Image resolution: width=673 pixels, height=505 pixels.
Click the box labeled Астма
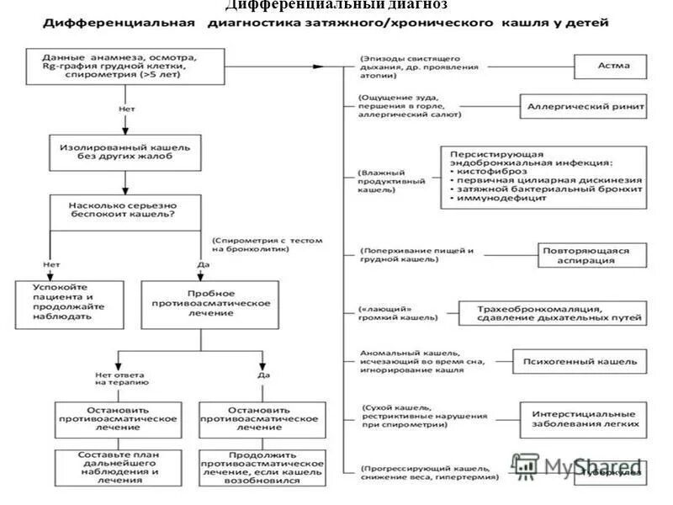point(610,66)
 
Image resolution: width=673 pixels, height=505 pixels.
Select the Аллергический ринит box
point(575,107)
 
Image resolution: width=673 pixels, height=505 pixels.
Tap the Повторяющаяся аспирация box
point(591,255)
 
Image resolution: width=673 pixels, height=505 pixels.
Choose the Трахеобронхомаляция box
point(551,312)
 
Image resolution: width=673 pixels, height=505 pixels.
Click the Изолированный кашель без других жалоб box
point(125,151)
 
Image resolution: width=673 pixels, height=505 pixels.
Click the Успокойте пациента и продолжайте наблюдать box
point(64,302)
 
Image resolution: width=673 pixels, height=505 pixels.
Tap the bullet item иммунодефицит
point(496,201)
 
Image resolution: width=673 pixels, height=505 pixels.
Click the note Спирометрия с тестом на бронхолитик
point(267,244)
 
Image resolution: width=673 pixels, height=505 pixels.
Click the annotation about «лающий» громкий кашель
point(400,313)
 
